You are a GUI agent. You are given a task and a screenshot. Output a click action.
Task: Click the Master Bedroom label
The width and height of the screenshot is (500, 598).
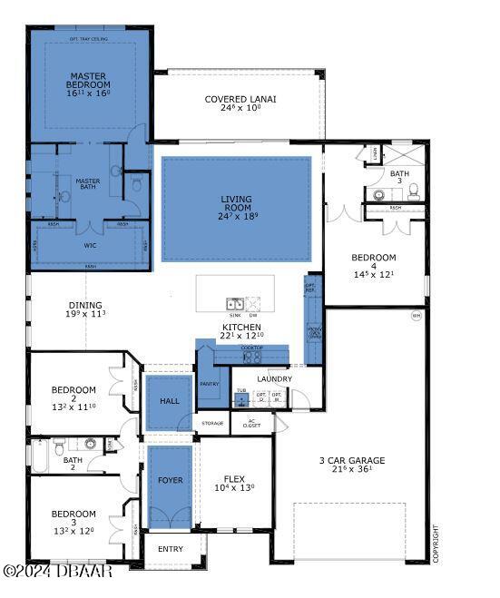(x=88, y=84)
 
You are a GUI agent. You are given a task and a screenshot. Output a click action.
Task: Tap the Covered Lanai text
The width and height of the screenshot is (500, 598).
(x=240, y=100)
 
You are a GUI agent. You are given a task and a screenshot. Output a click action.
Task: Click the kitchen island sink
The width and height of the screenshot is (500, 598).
(x=234, y=304)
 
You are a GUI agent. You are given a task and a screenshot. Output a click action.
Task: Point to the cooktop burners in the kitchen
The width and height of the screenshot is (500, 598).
(x=250, y=358)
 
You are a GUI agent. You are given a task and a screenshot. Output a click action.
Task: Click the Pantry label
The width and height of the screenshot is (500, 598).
(x=210, y=384)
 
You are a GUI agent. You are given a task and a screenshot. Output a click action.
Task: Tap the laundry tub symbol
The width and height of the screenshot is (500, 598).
(x=241, y=399)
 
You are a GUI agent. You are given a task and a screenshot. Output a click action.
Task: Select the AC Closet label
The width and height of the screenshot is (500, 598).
(x=253, y=423)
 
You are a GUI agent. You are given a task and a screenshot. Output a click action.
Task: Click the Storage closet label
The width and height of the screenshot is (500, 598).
(x=212, y=423)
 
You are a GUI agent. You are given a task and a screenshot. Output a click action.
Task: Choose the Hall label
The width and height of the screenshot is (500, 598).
(x=170, y=401)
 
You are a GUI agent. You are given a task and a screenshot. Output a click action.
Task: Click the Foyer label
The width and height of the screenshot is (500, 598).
(x=170, y=480)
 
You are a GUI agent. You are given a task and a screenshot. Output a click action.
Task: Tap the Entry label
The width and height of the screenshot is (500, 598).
(x=171, y=549)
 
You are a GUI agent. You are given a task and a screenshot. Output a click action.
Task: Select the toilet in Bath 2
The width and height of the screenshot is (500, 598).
(x=58, y=446)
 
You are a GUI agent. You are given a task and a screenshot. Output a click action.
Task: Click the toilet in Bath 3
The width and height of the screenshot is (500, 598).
(x=413, y=191)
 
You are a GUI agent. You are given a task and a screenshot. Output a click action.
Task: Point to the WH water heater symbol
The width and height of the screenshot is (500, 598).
(x=417, y=316)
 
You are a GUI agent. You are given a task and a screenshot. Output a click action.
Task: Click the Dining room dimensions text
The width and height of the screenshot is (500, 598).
(x=86, y=315)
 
